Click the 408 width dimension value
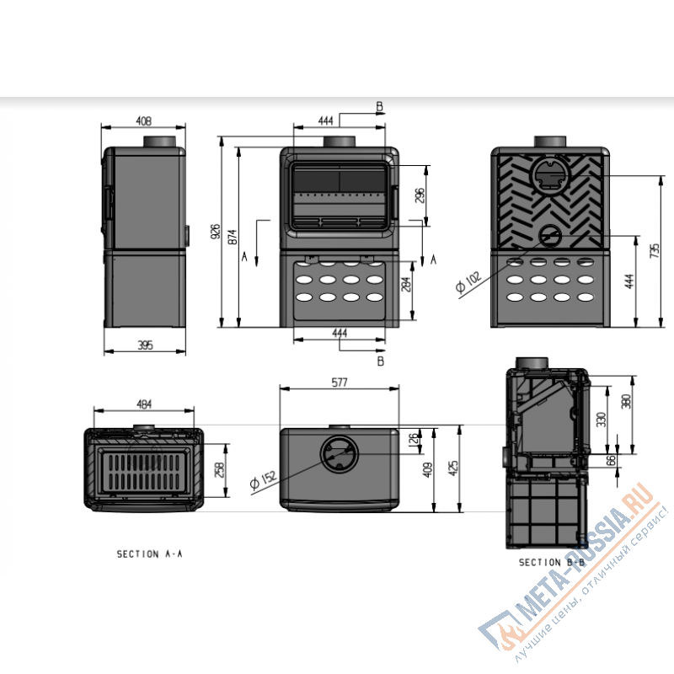tap(143, 121)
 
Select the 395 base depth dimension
tap(145, 345)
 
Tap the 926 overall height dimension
tap(216, 232)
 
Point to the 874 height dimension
tap(233, 237)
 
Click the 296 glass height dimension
tap(420, 195)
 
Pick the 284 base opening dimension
tap(406, 284)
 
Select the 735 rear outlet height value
tap(655, 250)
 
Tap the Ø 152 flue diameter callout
tap(264, 479)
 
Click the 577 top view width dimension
tap(340, 382)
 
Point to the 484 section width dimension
tap(144, 404)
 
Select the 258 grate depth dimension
tap(219, 470)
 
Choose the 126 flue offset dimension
tap(413, 440)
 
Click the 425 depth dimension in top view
tap(453, 468)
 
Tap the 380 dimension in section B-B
tap(627, 401)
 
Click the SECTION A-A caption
tap(150, 554)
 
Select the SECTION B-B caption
tap(552, 562)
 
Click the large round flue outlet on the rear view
tap(551, 176)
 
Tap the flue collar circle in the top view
tap(340, 454)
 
